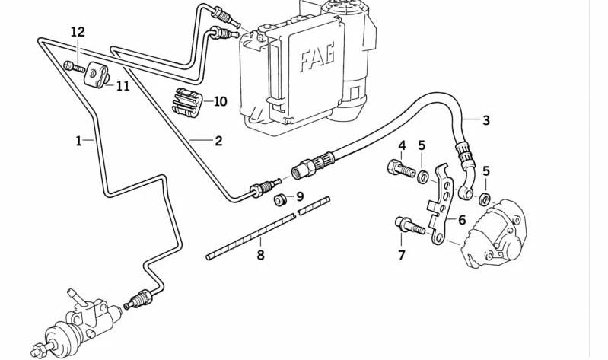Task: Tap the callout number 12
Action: pos(78,32)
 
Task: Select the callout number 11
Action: pos(123,86)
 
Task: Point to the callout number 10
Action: pos(220,101)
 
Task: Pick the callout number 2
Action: pos(218,141)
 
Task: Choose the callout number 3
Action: pos(486,120)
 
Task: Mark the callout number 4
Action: pos(403,145)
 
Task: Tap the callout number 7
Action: pos(402,255)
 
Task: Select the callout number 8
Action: pos(260,255)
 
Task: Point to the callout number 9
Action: pos(300,197)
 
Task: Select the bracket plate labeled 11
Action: pos(97,75)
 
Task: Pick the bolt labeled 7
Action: pos(404,225)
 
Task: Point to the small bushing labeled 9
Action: pos(281,200)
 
